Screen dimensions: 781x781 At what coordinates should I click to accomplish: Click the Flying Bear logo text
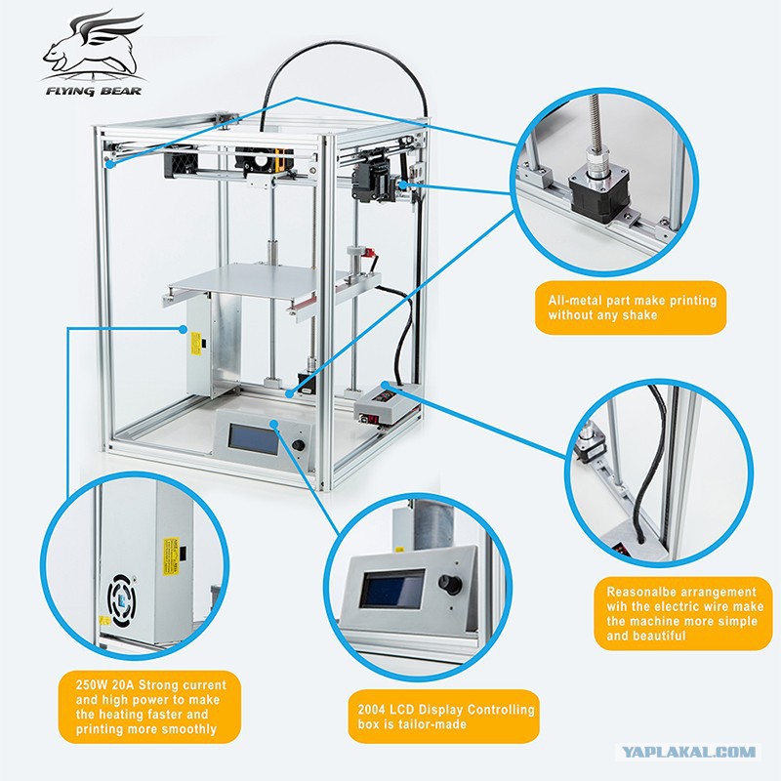[94, 91]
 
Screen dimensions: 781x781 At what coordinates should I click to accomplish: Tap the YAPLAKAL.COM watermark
[690, 751]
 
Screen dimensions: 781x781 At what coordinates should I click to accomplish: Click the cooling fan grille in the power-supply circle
[121, 600]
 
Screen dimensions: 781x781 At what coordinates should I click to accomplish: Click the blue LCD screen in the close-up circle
[392, 589]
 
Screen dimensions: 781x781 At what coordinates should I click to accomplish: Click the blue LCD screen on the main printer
[253, 438]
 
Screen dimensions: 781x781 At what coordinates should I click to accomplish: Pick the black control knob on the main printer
[299, 445]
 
